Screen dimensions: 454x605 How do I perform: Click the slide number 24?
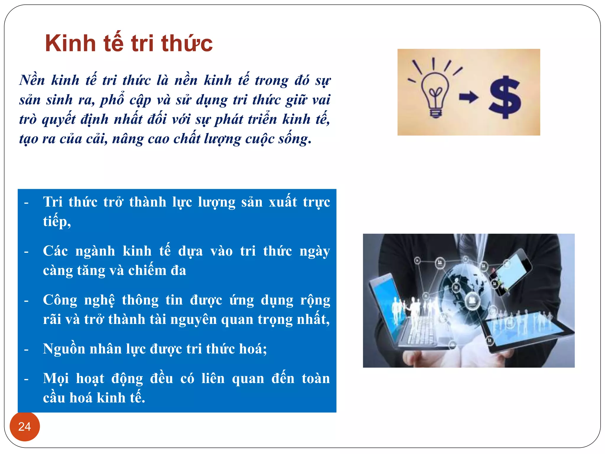25,427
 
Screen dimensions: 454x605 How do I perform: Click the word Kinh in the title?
70,43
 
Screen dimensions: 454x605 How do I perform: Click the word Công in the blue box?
60,300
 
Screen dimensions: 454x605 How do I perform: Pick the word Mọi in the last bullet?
56,379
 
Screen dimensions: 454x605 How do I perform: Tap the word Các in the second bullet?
55,251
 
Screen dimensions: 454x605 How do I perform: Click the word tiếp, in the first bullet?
57,221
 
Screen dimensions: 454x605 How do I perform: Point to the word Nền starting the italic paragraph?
32,80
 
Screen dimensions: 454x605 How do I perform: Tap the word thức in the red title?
187,43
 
